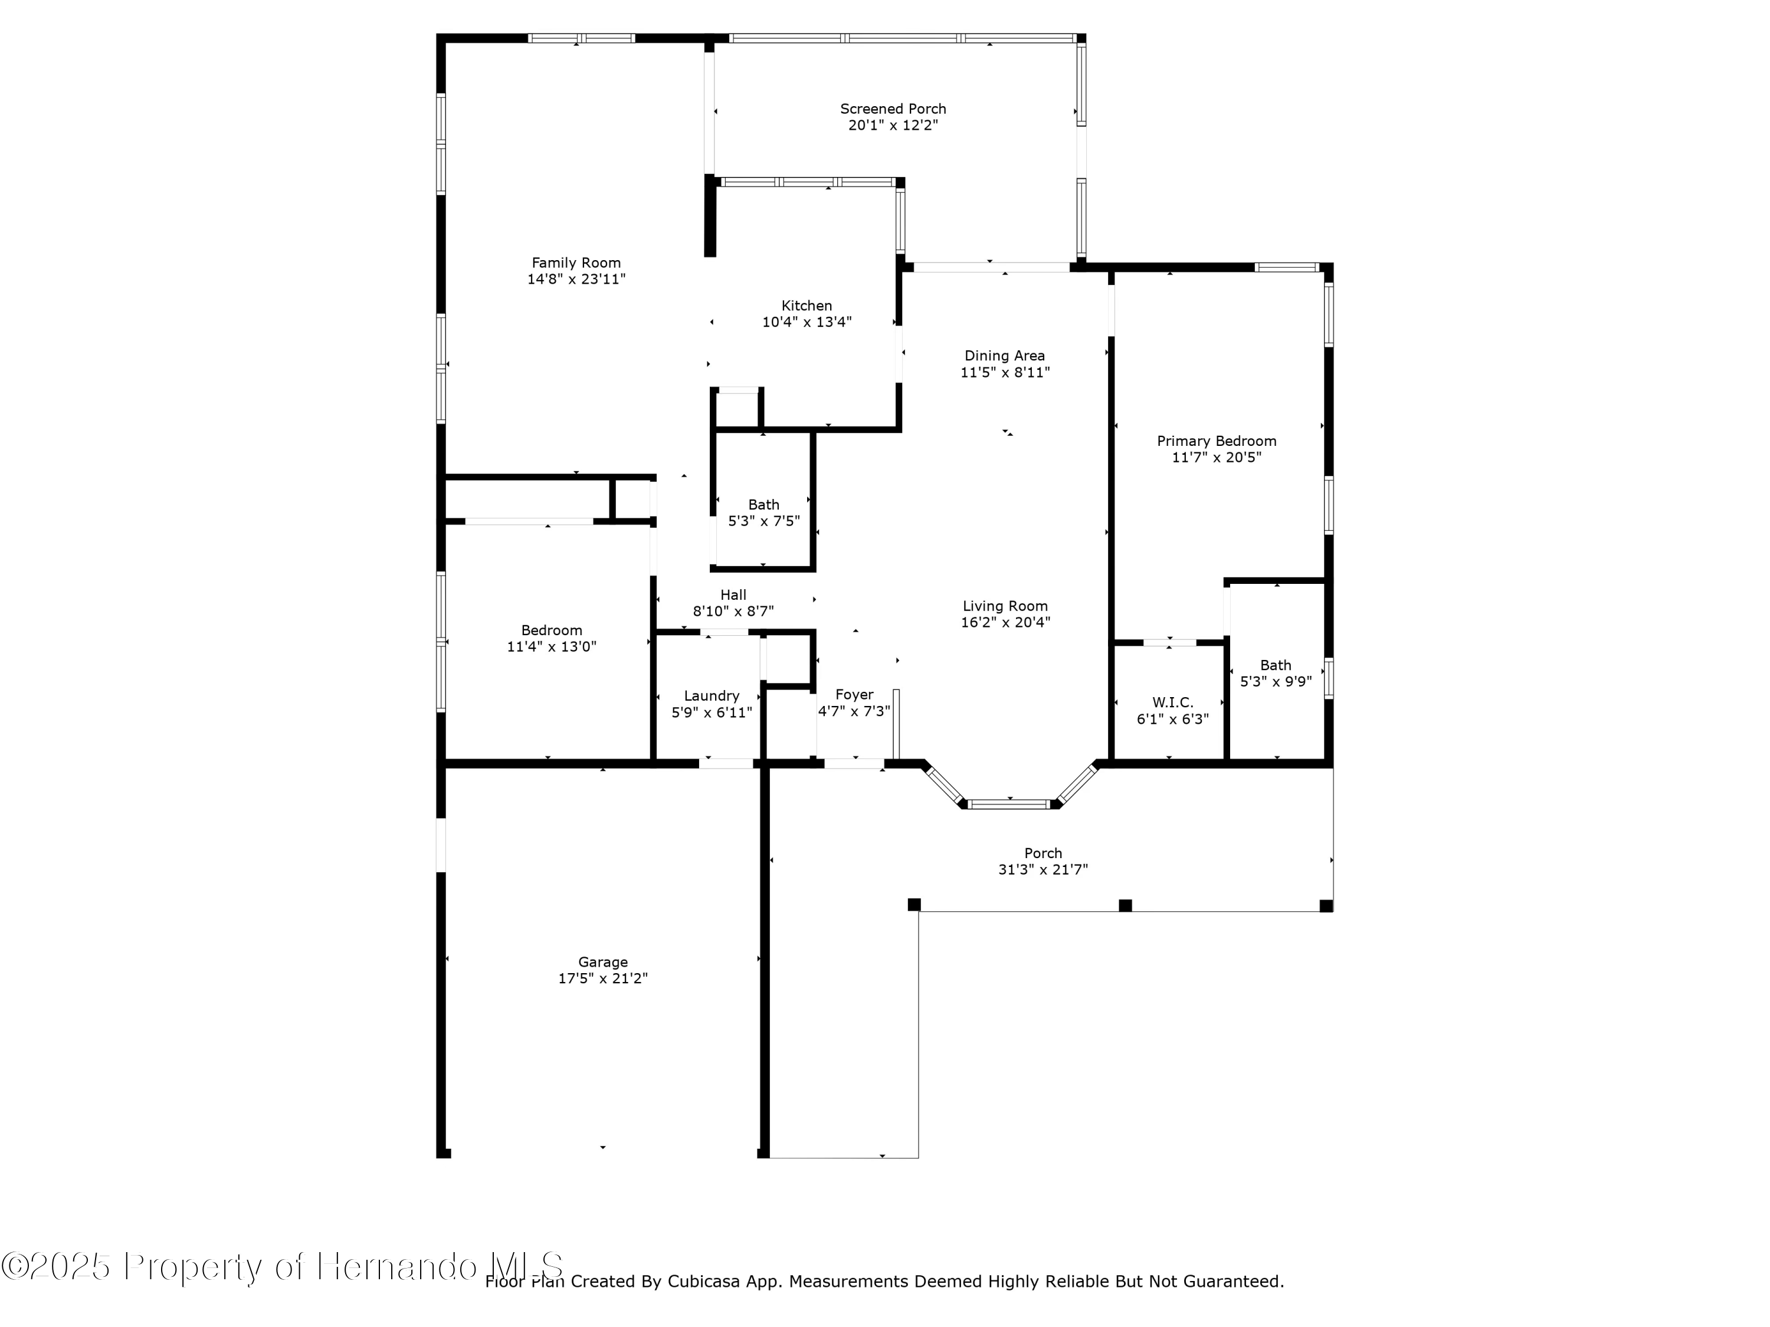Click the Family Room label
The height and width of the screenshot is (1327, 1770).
576,262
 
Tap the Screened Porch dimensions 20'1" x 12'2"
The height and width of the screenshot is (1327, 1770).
893,126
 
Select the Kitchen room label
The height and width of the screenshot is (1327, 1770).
807,306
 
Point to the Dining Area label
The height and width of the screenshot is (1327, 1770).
1004,356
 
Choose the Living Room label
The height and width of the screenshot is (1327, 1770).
1005,606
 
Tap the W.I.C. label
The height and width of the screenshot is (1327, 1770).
1172,702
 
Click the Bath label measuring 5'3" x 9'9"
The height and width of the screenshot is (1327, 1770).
1276,665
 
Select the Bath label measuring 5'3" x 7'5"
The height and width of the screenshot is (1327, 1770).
763,505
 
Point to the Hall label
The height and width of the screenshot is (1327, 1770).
733,595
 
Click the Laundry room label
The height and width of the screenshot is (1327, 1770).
712,696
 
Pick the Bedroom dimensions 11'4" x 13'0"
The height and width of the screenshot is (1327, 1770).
551,647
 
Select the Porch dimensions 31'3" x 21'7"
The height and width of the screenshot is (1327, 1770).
1043,869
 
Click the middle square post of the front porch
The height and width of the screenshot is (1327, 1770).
1125,905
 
